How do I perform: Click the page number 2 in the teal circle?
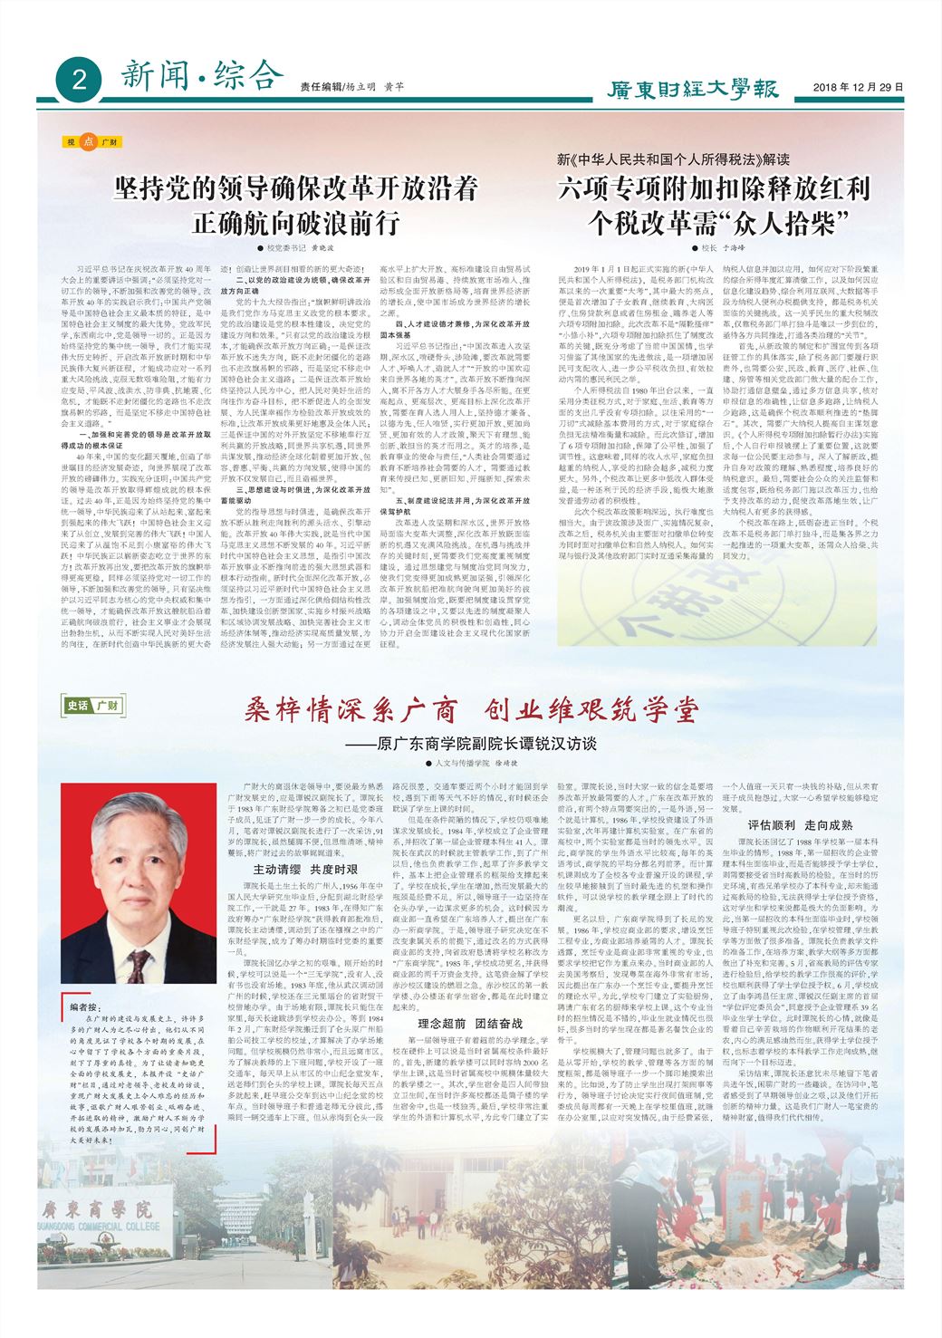click(80, 81)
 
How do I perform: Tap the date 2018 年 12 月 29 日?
click(858, 88)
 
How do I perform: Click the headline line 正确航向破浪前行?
click(295, 223)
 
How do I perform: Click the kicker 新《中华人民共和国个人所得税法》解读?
click(673, 160)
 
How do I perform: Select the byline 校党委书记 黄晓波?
click(295, 247)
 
